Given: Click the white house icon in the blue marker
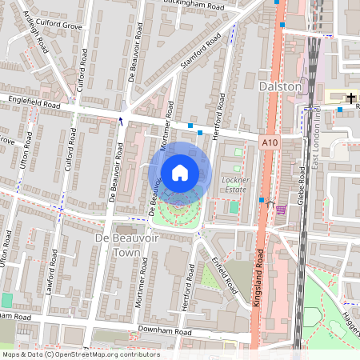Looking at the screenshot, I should (180, 172).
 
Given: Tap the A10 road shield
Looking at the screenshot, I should (270, 142).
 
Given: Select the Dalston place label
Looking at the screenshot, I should (281, 86).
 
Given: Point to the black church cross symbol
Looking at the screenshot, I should (351, 97).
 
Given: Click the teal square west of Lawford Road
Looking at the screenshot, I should (7, 300).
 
